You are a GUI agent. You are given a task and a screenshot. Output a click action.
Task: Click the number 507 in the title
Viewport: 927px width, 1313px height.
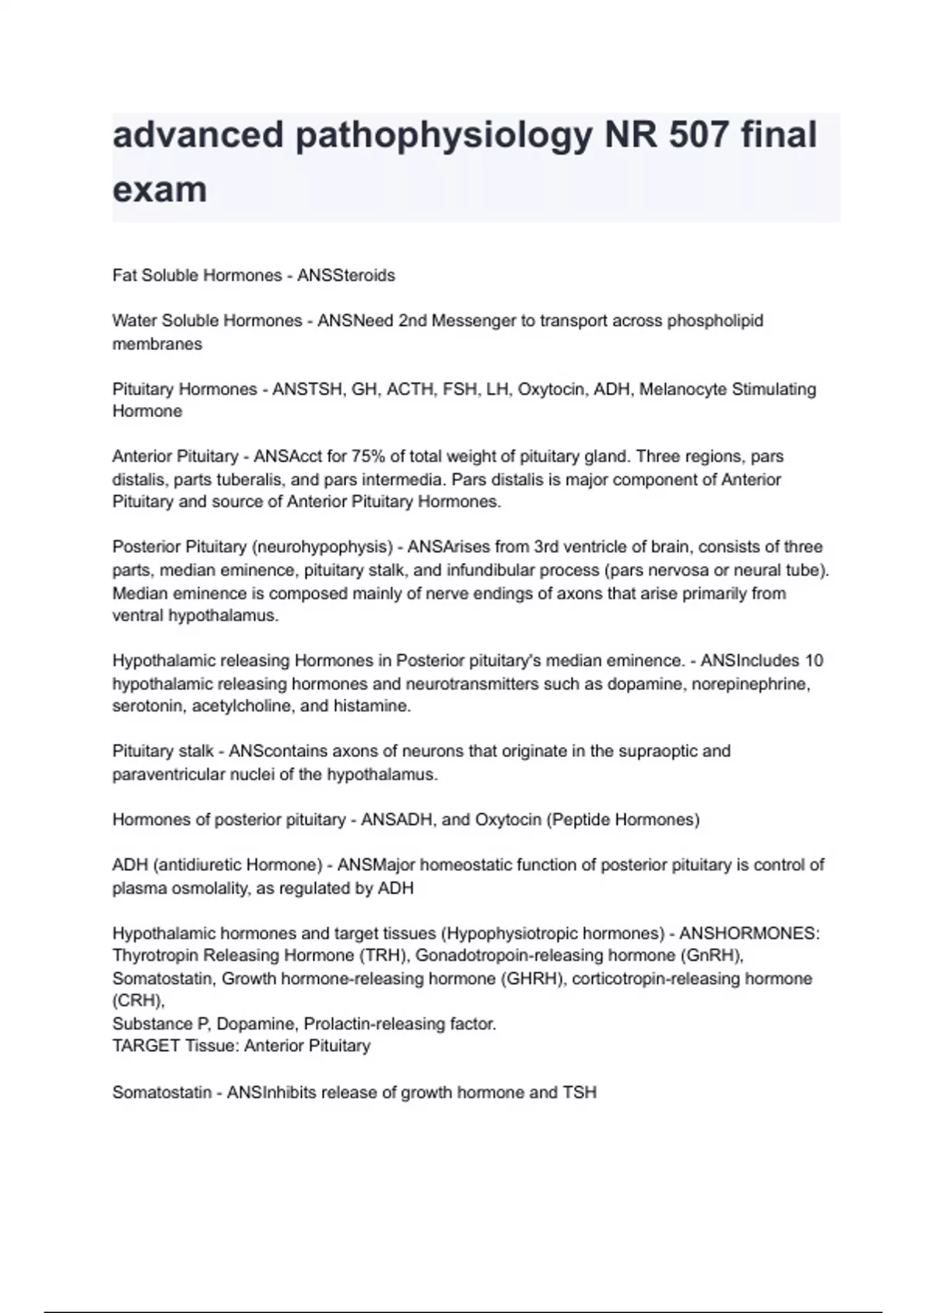tap(698, 135)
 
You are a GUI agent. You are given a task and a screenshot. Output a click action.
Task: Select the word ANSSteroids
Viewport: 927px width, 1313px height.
tap(346, 276)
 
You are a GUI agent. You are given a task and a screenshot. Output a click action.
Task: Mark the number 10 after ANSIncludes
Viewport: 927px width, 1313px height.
tap(814, 661)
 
